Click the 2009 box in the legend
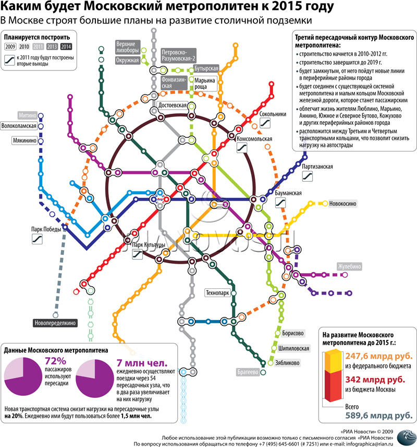pyautogui.click(x=10, y=47)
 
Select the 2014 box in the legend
pyautogui.click(x=66, y=47)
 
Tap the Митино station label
pyautogui.click(x=28, y=115)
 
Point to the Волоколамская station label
pyautogui.click(x=19, y=126)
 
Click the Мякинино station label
pyautogui.click(x=24, y=140)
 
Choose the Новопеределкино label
pyautogui.click(x=55, y=323)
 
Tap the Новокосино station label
pyautogui.click(x=342, y=204)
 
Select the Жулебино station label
pyautogui.click(x=350, y=266)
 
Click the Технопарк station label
pyautogui.click(x=217, y=293)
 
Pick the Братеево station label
pyautogui.click(x=248, y=372)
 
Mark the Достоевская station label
pyautogui.click(x=173, y=105)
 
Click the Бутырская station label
pyautogui.click(x=206, y=68)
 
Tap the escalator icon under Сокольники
pyautogui.click(x=265, y=123)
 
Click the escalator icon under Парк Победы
pyautogui.click(x=38, y=239)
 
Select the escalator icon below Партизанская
pyautogui.click(x=308, y=176)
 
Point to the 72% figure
pyautogui.click(x=55, y=361)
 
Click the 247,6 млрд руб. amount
pyautogui.click(x=379, y=356)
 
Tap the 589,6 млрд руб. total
pyautogui.click(x=379, y=415)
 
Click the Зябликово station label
pyautogui.click(x=287, y=363)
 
